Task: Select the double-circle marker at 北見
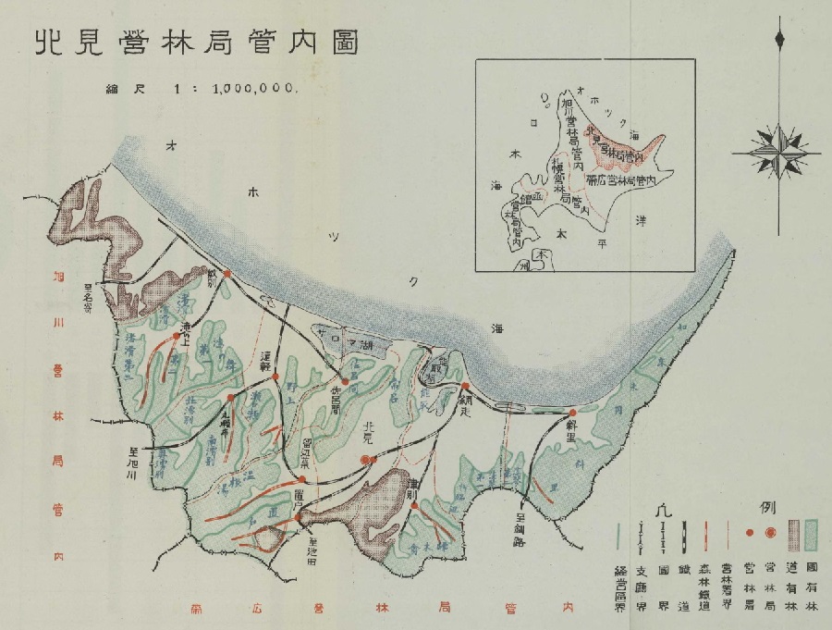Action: pyautogui.click(x=367, y=459)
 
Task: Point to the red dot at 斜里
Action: pyautogui.click(x=572, y=413)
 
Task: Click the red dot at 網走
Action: pyautogui.click(x=466, y=387)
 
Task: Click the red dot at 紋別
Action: pyautogui.click(x=226, y=274)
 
